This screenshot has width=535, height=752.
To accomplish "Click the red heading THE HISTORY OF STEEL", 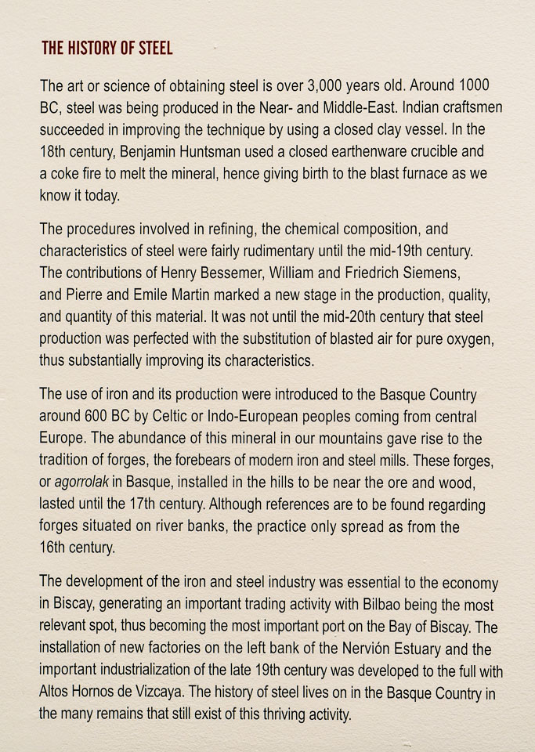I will pos(107,49).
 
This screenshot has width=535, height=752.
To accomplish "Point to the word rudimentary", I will pos(305,251).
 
